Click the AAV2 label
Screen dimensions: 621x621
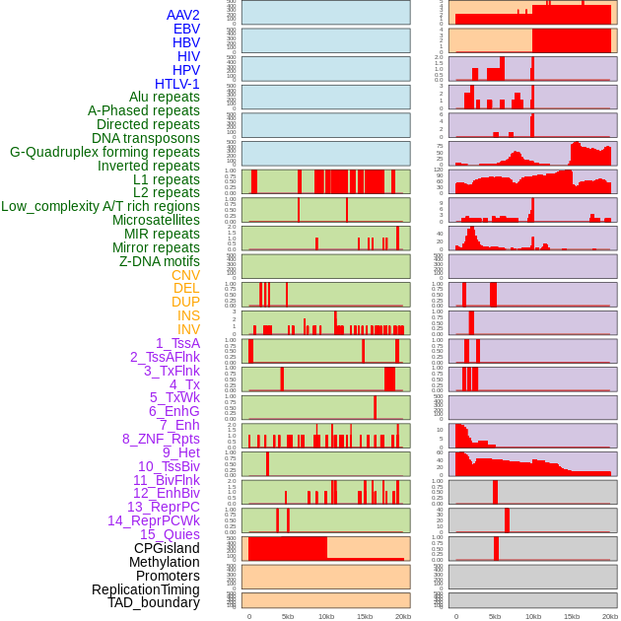183,15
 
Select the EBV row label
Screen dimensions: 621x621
186,29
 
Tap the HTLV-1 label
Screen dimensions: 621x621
177,84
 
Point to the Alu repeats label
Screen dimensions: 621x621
165,97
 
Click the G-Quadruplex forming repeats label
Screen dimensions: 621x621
104,152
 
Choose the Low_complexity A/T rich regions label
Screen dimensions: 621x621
101,206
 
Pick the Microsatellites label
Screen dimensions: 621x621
156,220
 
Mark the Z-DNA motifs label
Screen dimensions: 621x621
160,261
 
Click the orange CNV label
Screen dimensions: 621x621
185,275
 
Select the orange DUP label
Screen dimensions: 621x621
185,302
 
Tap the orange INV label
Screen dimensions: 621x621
188,329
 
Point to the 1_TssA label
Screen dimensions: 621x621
177,343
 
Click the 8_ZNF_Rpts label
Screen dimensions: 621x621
161,439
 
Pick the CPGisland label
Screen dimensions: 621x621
167,548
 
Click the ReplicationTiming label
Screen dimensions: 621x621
145,589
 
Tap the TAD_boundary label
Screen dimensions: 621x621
154,602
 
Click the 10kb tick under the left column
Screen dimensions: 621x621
326,616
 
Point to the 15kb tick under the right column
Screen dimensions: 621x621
572,616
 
